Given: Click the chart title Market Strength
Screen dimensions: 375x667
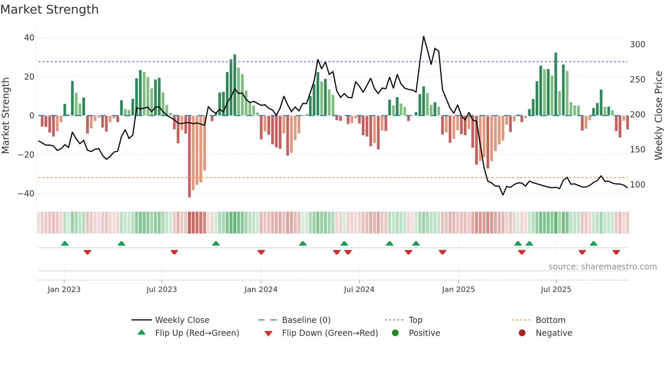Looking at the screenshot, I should click(49, 10).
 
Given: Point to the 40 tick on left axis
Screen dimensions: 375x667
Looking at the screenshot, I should click(29, 38).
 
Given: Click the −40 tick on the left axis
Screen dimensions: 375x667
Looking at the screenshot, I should click(26, 194).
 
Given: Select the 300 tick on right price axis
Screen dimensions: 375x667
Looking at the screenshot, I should click(637, 45).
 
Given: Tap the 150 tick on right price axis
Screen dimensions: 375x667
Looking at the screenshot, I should click(637, 150).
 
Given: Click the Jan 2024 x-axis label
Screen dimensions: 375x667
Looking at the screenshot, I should click(261, 290).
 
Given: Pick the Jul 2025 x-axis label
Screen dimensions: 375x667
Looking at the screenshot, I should click(556, 290).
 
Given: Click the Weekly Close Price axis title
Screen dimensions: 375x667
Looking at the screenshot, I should click(658, 116).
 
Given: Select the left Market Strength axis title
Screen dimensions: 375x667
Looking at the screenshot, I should click(5, 116).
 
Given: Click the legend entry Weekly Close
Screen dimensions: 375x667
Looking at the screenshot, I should click(182, 320).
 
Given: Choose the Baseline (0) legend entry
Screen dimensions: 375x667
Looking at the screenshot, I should click(306, 320).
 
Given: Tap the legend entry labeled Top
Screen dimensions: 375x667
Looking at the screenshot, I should click(415, 320).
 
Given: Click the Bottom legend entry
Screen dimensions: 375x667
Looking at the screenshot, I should click(550, 320).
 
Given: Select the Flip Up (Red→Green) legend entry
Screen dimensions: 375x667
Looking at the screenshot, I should click(197, 333).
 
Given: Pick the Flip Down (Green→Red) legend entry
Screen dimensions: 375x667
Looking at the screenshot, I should click(329, 333).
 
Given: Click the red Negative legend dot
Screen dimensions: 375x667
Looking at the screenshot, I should click(522, 333).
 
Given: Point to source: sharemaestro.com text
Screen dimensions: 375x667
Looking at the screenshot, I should click(602, 267).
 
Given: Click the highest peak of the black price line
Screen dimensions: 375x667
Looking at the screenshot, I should click(423, 36).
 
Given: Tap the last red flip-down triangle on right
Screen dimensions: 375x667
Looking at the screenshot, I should click(616, 252).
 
